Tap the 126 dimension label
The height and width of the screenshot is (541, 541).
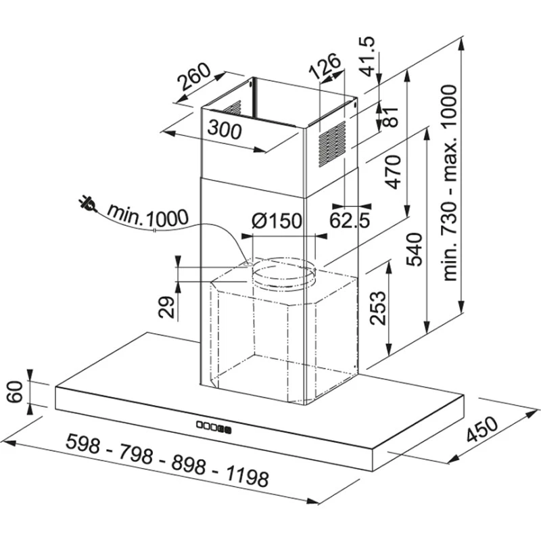click(x=325, y=68)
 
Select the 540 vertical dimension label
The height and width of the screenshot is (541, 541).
click(x=414, y=249)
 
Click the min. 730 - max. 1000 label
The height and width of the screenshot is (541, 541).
click(x=450, y=183)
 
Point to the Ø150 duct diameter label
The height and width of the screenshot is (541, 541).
click(x=277, y=220)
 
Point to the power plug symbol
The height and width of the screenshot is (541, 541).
click(x=88, y=202)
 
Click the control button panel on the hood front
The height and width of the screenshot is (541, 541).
click(x=212, y=426)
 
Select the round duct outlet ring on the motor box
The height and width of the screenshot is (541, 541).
click(x=283, y=275)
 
